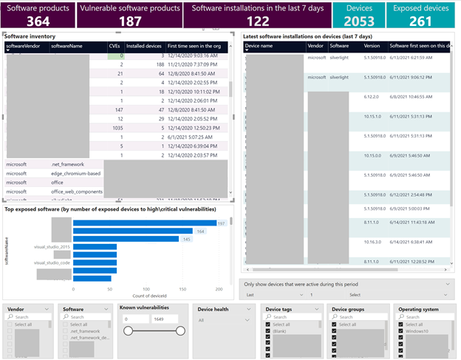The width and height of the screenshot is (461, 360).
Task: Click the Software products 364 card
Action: pyautogui.click(x=38, y=15)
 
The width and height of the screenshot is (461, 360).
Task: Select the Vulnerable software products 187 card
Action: pyautogui.click(x=130, y=15)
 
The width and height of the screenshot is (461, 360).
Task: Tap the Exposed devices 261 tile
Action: pyautogui.click(x=420, y=15)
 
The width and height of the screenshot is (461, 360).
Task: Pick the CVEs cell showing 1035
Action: pyautogui.click(x=114, y=128)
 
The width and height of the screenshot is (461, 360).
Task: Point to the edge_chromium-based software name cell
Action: pyautogui.click(x=76, y=173)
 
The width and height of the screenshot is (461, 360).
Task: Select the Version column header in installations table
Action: pyautogui.click(x=372, y=46)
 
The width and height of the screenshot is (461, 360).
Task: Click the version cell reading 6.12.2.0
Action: pyautogui.click(x=374, y=97)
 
